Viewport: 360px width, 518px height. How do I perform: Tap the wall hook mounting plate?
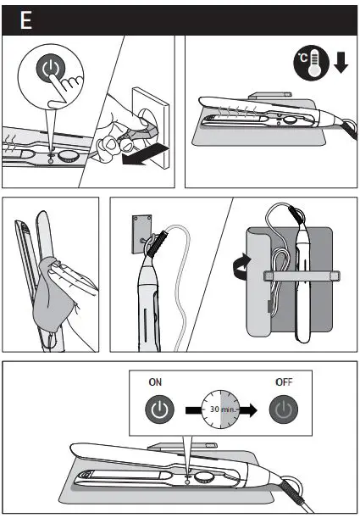(x=141, y=232)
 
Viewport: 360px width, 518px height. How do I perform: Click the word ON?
(x=155, y=382)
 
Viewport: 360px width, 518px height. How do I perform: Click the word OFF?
(x=283, y=382)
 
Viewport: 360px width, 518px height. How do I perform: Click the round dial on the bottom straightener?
(x=203, y=477)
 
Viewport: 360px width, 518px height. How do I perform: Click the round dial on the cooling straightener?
(x=290, y=121)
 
